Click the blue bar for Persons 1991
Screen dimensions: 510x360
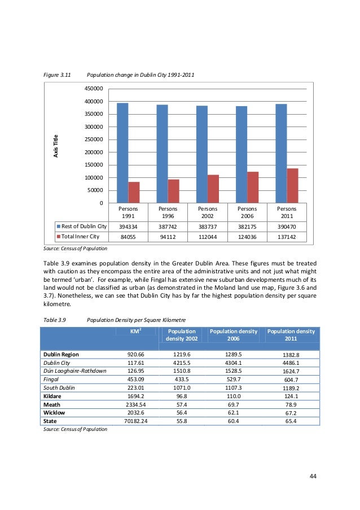[x=122, y=153]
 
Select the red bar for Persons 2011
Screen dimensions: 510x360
[x=293, y=186]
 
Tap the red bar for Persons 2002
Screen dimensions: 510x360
[x=213, y=189]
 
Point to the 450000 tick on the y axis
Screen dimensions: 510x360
[x=94, y=89]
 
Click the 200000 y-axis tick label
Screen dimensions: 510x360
[x=94, y=152]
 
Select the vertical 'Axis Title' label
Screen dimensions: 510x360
[x=55, y=146]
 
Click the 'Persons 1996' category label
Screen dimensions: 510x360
[x=168, y=212]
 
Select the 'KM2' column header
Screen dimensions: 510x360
[x=136, y=331]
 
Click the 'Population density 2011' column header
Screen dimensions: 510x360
[x=291, y=335]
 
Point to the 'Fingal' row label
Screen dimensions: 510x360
[x=52, y=381]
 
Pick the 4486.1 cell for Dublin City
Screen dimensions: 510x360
[x=290, y=363]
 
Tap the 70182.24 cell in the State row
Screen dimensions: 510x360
[x=136, y=421]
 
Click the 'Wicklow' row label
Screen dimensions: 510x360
[x=55, y=412]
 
